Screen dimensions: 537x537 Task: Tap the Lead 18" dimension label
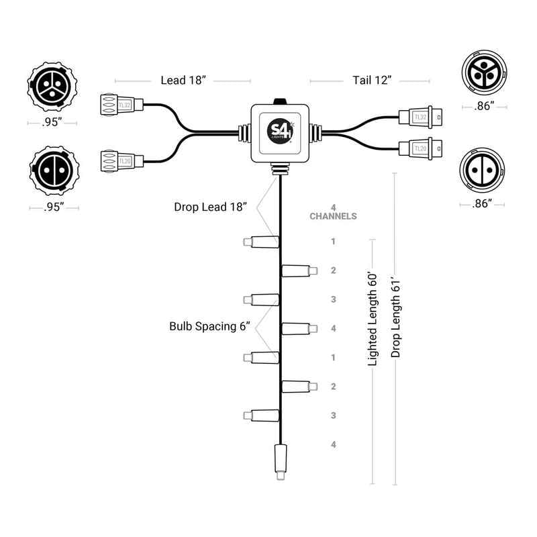pyautogui.click(x=183, y=80)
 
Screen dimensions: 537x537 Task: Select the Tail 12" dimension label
pyautogui.click(x=372, y=80)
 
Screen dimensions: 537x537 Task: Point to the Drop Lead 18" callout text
pyautogui.click(x=210, y=207)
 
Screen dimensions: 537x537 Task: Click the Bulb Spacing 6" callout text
pyautogui.click(x=209, y=326)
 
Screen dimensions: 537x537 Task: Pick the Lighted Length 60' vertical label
pyautogui.click(x=373, y=320)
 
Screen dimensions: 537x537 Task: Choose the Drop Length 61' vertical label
pyautogui.click(x=395, y=318)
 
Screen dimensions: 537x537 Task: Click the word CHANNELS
pyautogui.click(x=333, y=216)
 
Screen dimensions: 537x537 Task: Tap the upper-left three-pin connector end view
pyautogui.click(x=52, y=87)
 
